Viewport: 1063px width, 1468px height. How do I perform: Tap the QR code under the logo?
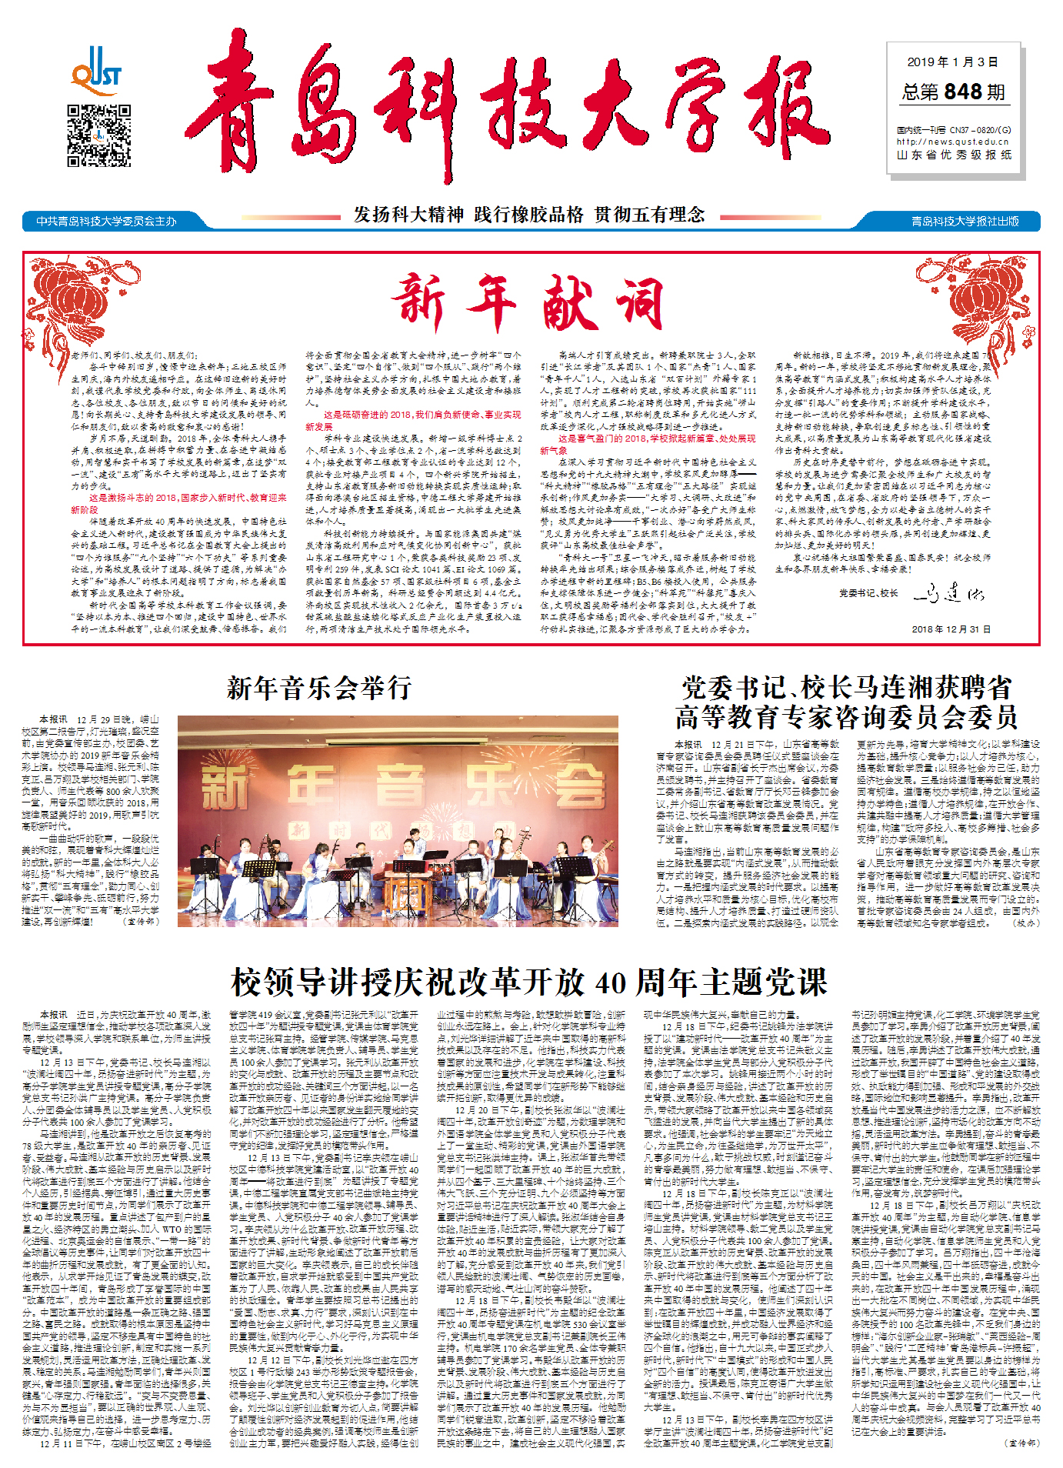pyautogui.click(x=98, y=135)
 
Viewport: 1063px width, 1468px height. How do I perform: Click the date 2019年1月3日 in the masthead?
pyautogui.click(x=952, y=62)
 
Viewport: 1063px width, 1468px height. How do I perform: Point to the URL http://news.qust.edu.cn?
pyautogui.click(x=952, y=142)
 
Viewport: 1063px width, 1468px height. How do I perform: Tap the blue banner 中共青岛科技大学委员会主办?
pyautogui.click(x=107, y=222)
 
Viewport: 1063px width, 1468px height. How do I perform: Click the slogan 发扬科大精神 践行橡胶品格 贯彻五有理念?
pyautogui.click(x=529, y=215)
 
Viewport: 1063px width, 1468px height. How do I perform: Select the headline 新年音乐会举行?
pyautogui.click(x=319, y=688)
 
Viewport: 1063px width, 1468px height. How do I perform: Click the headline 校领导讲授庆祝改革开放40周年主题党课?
pyautogui.click(x=529, y=982)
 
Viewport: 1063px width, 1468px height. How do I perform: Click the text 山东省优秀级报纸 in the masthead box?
pyautogui.click(x=954, y=155)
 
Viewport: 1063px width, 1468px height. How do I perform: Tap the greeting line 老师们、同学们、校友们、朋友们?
pyautogui.click(x=134, y=355)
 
